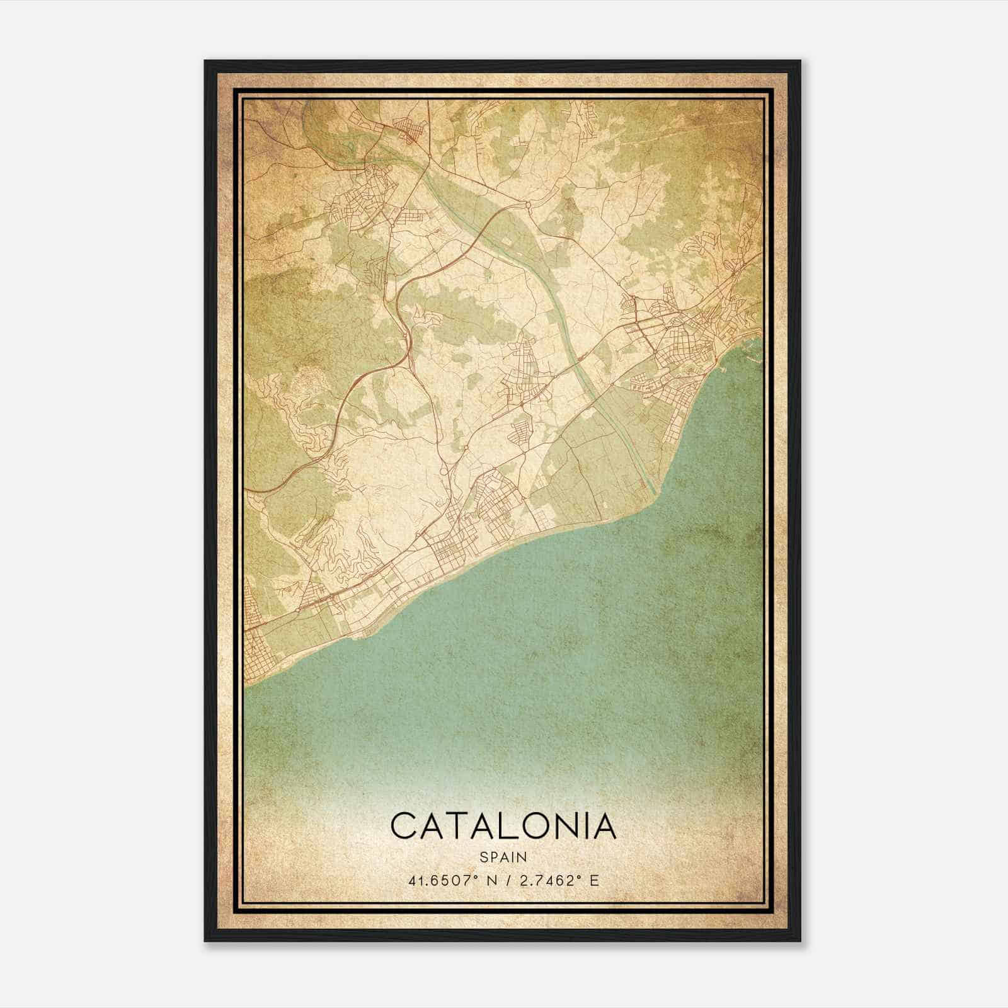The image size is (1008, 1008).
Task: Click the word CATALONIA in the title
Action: coord(503,826)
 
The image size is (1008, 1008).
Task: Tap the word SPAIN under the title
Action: coord(503,857)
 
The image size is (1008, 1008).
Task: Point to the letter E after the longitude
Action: coord(594,880)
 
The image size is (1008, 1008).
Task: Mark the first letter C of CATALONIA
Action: coord(403,826)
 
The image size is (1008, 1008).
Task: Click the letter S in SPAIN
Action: coord(483,857)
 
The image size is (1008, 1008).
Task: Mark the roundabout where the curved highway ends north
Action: coord(527,205)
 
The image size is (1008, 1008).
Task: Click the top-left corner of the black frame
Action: coord(205,61)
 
